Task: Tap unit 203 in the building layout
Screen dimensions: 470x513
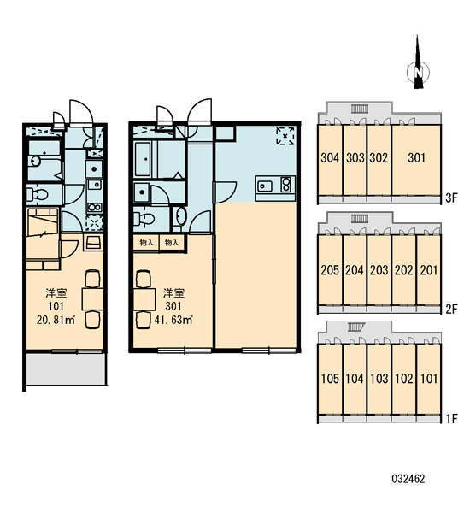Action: coord(379,270)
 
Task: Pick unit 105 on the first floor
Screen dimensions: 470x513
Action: coord(330,379)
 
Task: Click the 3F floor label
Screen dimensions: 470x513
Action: coord(452,198)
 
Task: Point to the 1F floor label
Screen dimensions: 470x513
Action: coord(452,418)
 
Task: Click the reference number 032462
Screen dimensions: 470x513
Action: coord(408,479)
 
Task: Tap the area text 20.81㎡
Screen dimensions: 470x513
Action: coord(56,320)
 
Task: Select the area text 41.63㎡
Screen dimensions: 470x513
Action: coord(173,320)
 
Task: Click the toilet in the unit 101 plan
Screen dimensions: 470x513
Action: coord(38,195)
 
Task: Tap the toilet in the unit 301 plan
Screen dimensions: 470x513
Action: coord(144,219)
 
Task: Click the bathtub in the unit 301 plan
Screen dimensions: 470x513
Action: coord(143,159)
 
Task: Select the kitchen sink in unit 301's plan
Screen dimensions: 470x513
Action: coord(265,186)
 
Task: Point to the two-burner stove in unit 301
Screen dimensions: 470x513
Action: coord(286,185)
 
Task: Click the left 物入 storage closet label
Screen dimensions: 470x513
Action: coord(146,243)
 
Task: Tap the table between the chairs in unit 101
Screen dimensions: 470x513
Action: coord(92,298)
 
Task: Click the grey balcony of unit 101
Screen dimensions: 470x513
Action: coord(66,369)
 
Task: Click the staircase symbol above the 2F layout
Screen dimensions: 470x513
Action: coord(360,218)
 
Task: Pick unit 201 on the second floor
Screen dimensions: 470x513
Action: coord(428,270)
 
